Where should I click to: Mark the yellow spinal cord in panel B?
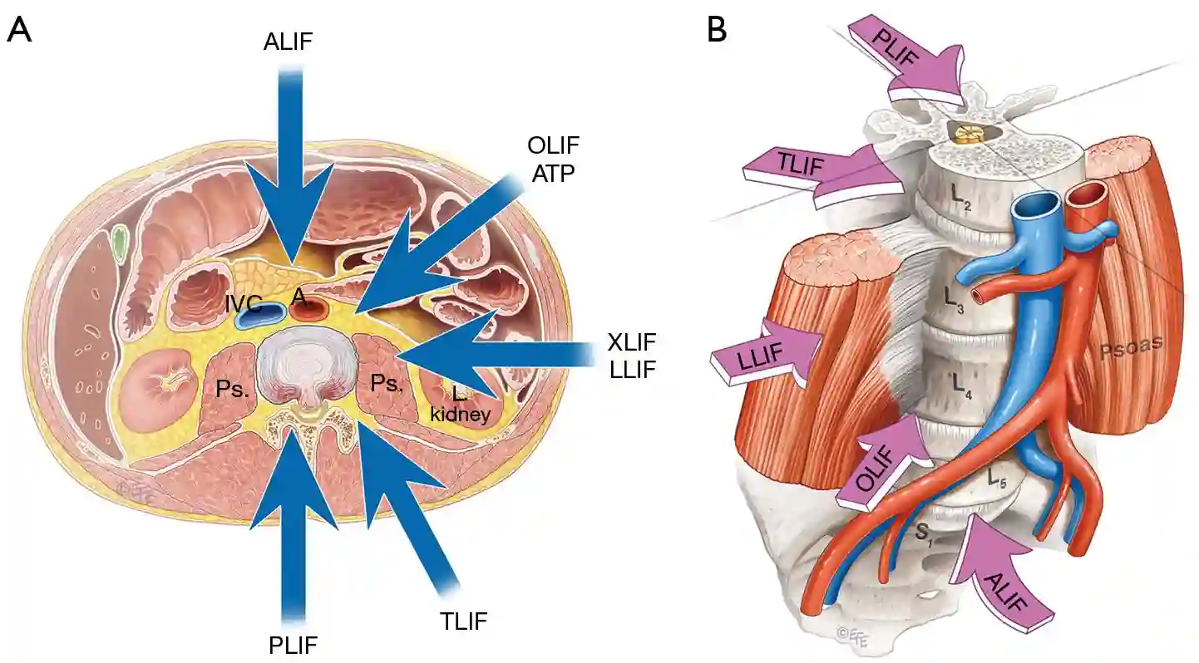[969, 130]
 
